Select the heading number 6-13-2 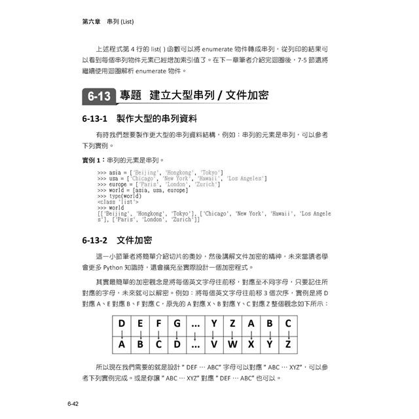(96, 241)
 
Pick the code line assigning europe (157, 184)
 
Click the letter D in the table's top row (122, 323)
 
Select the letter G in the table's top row (177, 323)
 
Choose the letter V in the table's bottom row (214, 344)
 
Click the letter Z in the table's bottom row (288, 344)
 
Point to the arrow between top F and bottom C (158, 334)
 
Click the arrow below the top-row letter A (251, 334)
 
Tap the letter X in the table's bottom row (251, 344)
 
